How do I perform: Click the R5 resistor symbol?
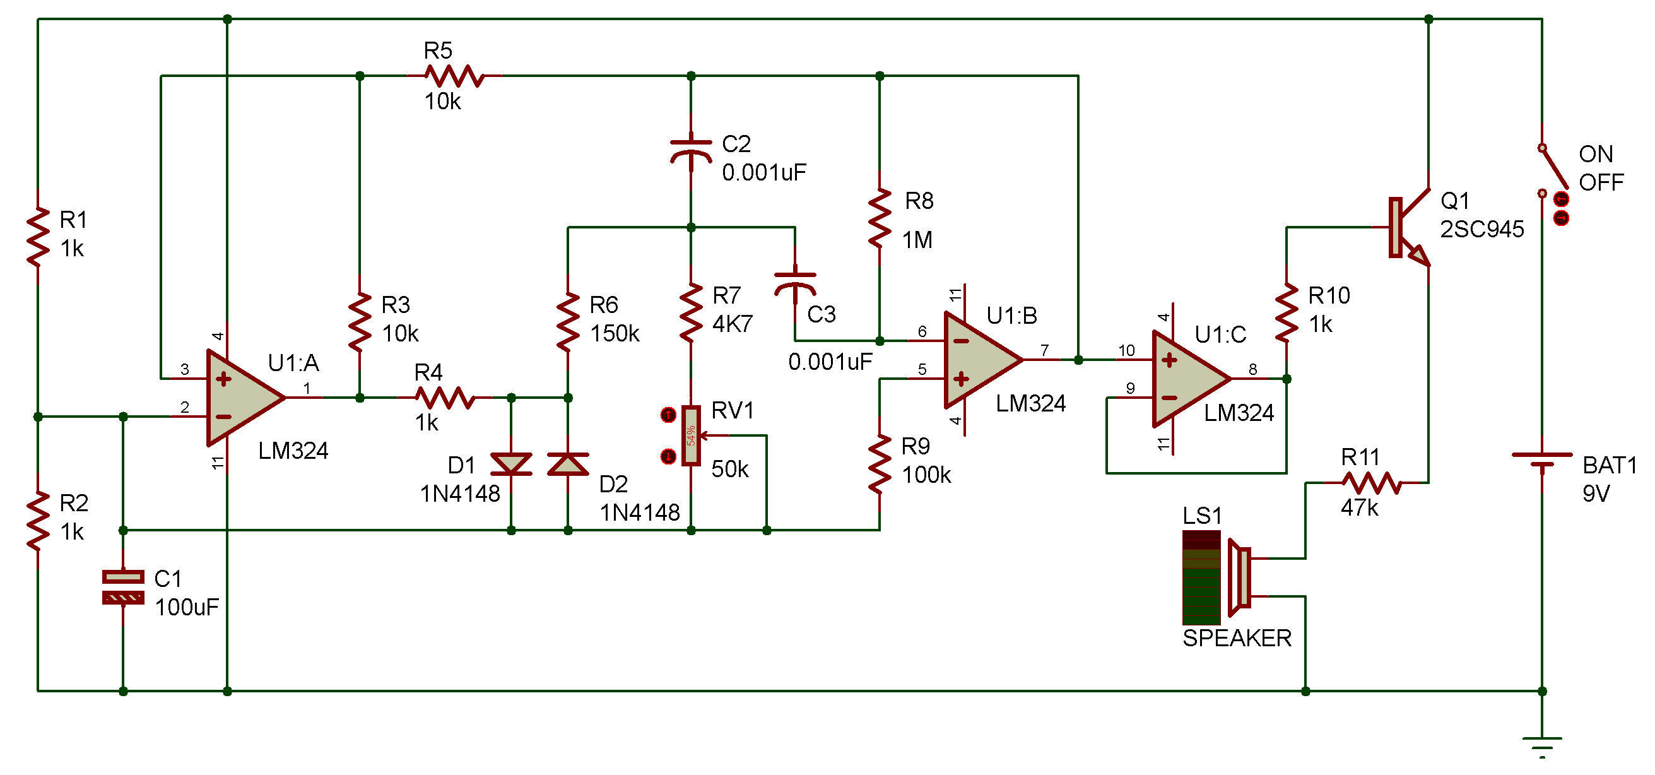click(x=454, y=76)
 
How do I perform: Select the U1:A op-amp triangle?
click(x=242, y=398)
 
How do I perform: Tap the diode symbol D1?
click(x=511, y=463)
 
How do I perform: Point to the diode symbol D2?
click(x=568, y=463)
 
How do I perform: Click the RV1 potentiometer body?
click(x=692, y=435)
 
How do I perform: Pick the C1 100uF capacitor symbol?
click(x=124, y=588)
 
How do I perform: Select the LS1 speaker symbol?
click(x=1239, y=577)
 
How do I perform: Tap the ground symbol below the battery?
click(x=1542, y=745)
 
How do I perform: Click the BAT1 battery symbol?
click(x=1542, y=460)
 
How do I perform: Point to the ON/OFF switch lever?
click(x=1553, y=169)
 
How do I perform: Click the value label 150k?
click(x=614, y=333)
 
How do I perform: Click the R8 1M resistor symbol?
click(x=880, y=218)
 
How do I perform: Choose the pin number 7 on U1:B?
click(x=1045, y=350)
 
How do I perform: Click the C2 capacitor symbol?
click(x=691, y=151)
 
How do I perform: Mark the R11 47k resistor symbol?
click(x=1371, y=483)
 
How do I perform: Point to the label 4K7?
click(x=733, y=324)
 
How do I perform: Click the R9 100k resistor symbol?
click(x=880, y=464)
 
